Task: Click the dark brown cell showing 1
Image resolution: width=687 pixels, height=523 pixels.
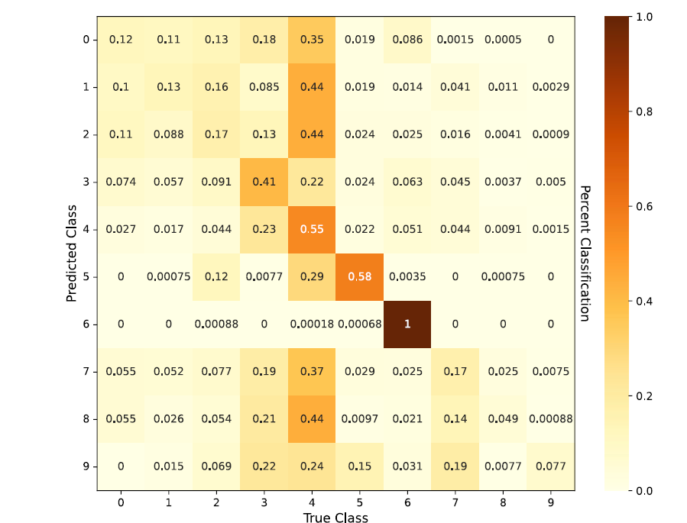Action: [x=407, y=324]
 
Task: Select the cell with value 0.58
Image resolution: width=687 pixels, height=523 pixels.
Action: [x=360, y=276]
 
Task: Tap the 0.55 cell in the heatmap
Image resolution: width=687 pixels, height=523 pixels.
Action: [x=312, y=229]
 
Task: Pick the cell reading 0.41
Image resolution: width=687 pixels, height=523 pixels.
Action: [x=264, y=182]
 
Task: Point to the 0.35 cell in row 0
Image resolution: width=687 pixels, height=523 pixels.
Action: [x=312, y=40]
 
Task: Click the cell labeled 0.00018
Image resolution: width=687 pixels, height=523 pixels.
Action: [x=312, y=324]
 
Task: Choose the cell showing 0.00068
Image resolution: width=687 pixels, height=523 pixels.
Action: [x=360, y=324]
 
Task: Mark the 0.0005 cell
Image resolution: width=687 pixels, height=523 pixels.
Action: [x=503, y=40]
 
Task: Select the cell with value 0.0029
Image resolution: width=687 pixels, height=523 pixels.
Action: [x=550, y=87]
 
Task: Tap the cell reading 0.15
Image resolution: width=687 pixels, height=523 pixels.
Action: [x=360, y=466]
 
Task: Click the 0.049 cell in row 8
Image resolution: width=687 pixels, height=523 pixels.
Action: [x=503, y=418]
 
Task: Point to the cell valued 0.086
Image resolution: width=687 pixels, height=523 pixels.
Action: [x=407, y=40]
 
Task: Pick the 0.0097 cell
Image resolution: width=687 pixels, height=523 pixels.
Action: [x=360, y=418]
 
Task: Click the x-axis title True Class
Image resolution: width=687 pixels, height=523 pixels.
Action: [x=335, y=518]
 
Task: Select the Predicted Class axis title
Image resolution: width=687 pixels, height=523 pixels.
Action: [x=72, y=253]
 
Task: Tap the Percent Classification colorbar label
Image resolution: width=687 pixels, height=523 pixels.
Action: [x=585, y=253]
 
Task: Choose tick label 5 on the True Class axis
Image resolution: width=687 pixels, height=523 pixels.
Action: [x=360, y=503]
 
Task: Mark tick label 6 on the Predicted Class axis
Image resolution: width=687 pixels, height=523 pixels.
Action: [x=86, y=324]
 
